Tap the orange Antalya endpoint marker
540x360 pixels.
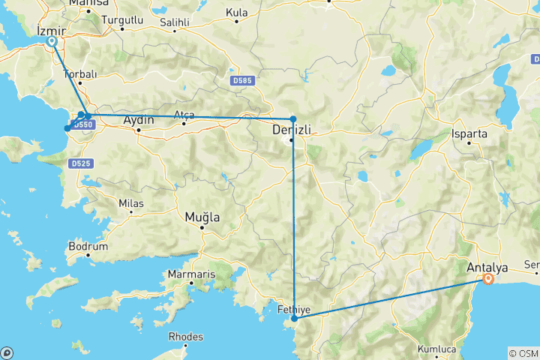point(489,280)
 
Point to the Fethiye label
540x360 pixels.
point(294,309)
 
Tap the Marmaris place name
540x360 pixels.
point(192,274)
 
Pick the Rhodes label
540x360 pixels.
point(185,337)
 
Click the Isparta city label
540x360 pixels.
point(470,133)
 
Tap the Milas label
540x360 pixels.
point(130,202)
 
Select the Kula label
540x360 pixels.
point(237,12)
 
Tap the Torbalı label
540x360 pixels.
point(79,74)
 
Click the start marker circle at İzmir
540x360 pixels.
point(52,42)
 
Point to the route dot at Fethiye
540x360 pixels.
point(295,319)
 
